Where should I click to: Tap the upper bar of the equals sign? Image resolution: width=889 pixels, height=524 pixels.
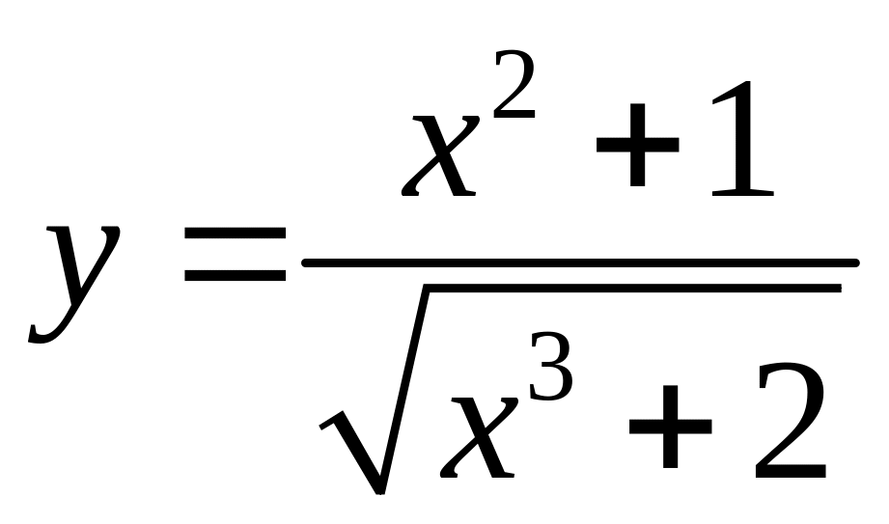(x=236, y=234)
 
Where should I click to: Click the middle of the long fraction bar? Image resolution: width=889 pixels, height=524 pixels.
(x=579, y=262)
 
